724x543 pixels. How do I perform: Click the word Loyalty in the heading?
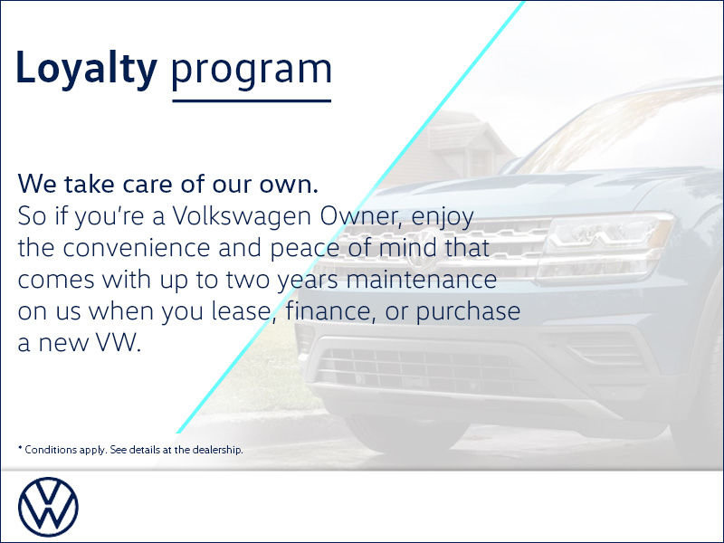[87, 71]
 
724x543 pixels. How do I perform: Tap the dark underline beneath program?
[252, 100]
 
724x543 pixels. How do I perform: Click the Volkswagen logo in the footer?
[49, 507]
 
